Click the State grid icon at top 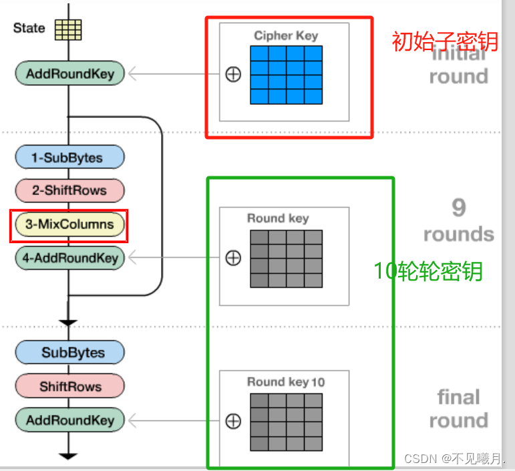coord(68,29)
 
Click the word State coord(29,28)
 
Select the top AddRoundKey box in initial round coord(70,73)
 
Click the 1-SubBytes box coord(70,158)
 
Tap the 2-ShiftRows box coord(70,190)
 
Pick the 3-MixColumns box coord(69,224)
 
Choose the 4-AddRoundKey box coord(70,258)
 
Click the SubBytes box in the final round coord(70,352)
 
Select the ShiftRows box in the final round coord(70,386)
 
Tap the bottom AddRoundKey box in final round coord(70,420)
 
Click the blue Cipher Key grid coord(286,75)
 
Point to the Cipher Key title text coord(286,35)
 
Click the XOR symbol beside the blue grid coord(233,74)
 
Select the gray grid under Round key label coord(286,259)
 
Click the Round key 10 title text coord(286,382)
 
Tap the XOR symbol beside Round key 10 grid coord(233,421)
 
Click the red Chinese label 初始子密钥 coord(445,41)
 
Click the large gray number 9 coord(458,208)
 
